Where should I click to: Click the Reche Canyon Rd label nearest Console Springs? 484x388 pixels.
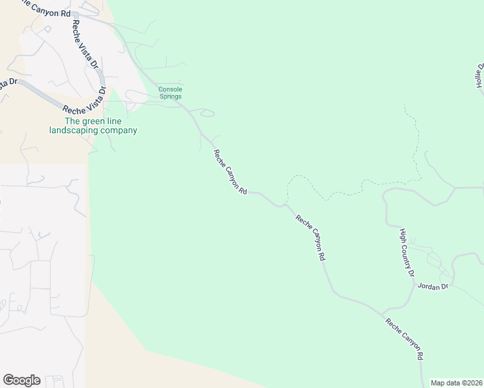click(230, 173)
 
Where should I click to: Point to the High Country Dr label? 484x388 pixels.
click(406, 252)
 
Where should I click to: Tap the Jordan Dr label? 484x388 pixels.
click(433, 286)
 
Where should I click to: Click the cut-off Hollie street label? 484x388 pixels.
click(479, 76)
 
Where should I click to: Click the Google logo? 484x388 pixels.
click(21, 380)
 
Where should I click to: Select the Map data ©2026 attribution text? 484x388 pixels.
click(456, 382)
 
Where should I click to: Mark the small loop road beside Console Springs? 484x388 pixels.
click(207, 114)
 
